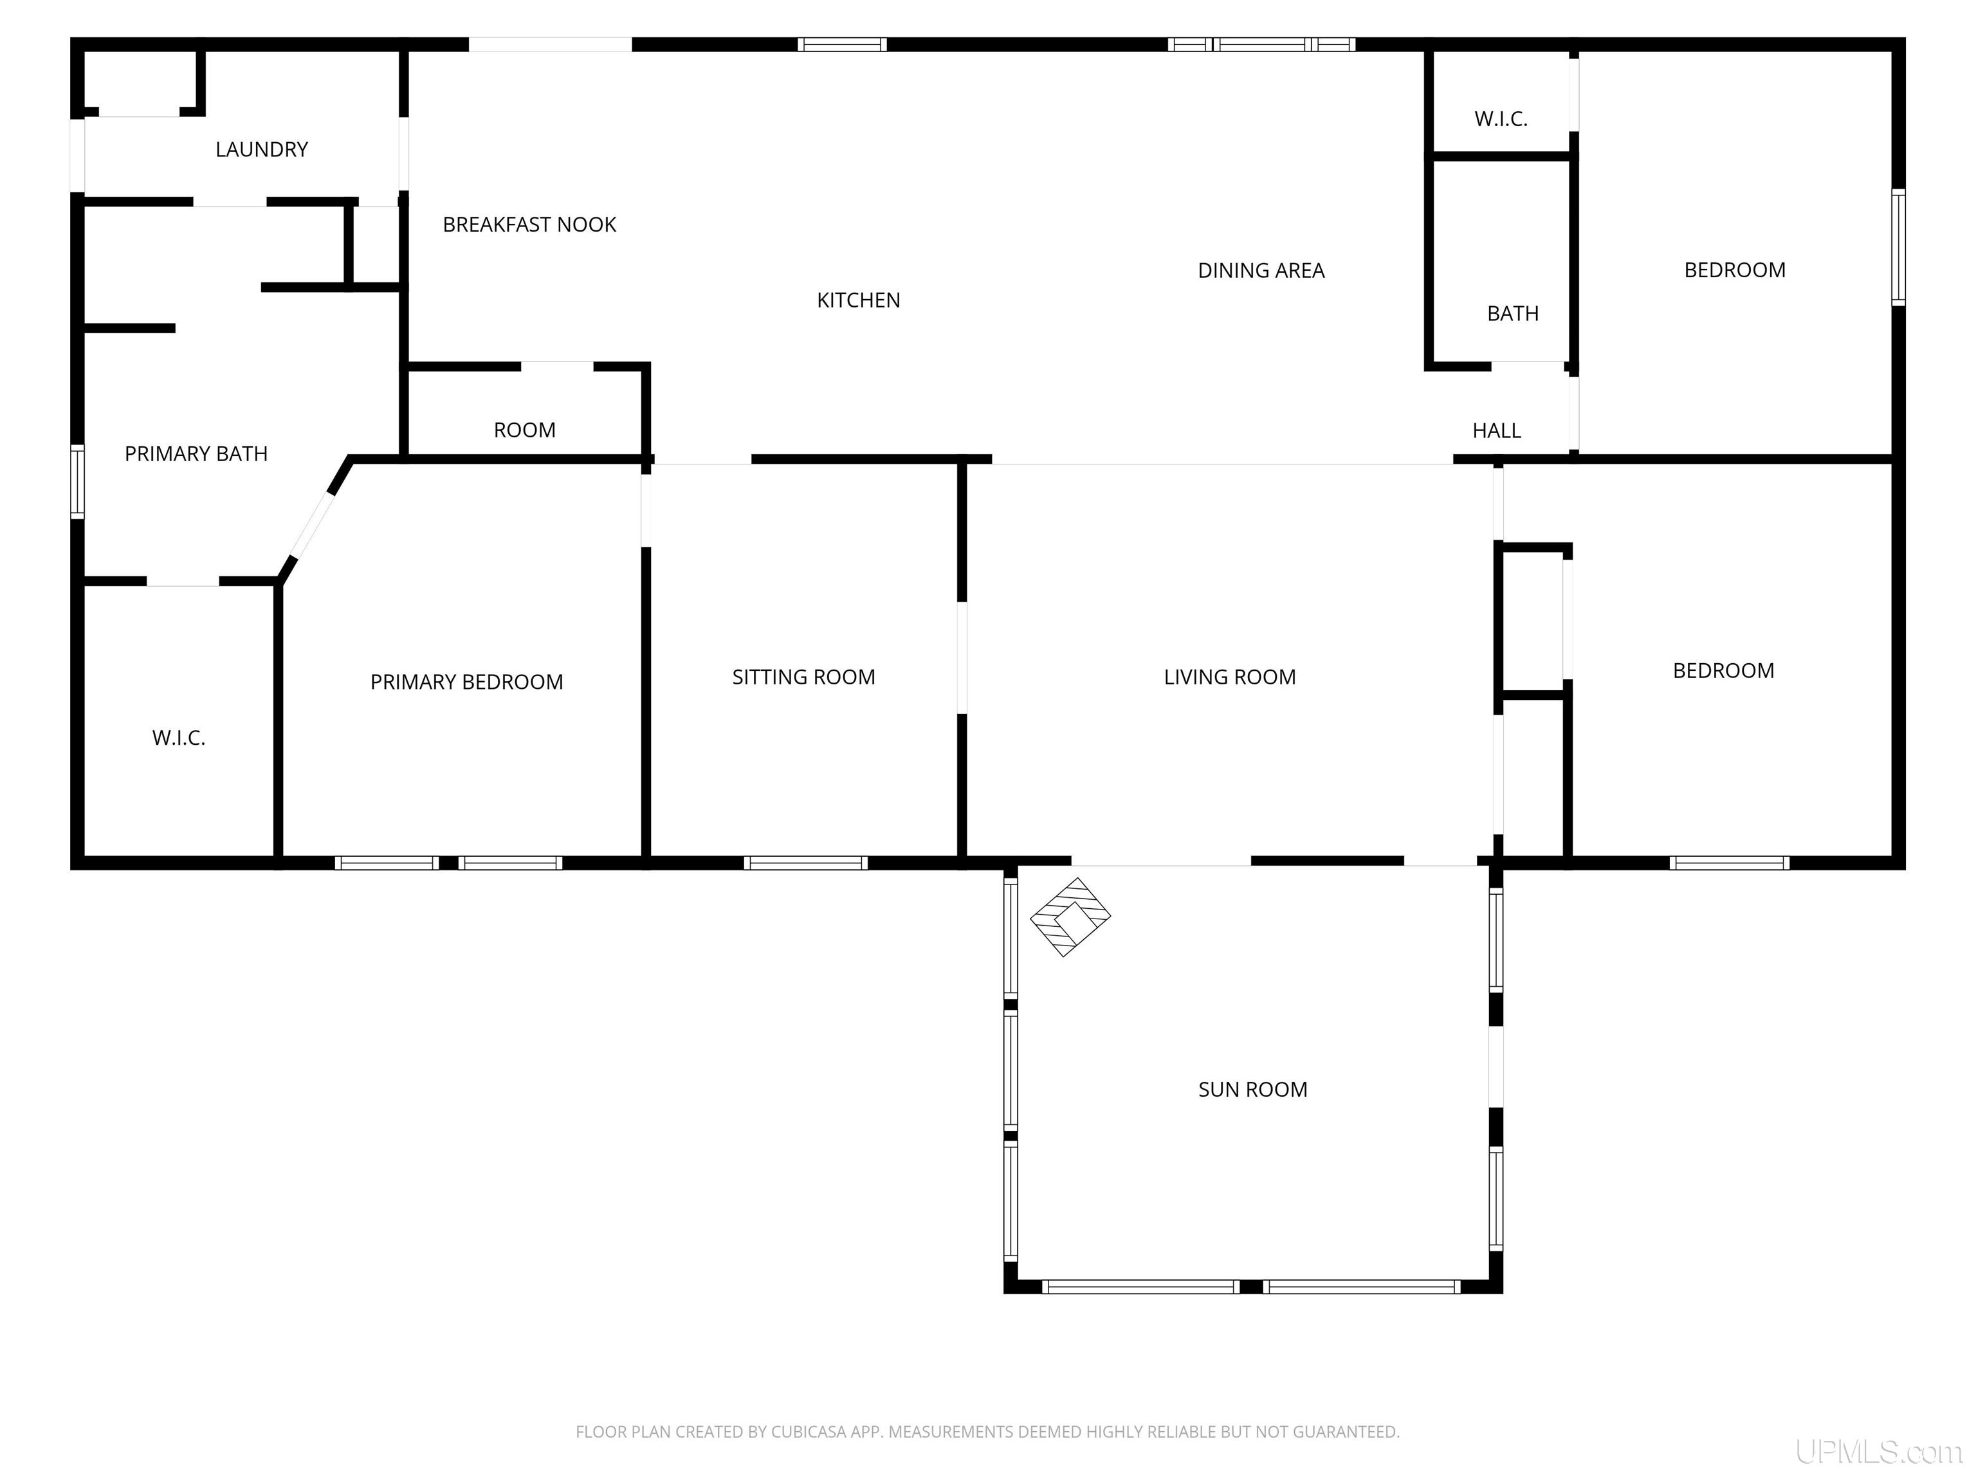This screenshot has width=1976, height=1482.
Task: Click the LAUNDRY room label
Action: coord(262,149)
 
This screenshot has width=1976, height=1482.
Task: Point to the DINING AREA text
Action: coord(1261,271)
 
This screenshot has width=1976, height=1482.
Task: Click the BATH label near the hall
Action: coord(1512,313)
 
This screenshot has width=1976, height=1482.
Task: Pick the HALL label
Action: coord(1496,430)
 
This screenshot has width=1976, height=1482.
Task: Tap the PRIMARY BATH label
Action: coord(196,454)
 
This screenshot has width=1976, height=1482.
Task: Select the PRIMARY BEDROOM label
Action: coord(466,682)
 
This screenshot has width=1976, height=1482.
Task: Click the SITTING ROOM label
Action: coord(803,677)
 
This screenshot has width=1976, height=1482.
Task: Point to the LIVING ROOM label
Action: coord(1229,677)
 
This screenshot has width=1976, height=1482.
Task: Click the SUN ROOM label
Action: coord(1252,1089)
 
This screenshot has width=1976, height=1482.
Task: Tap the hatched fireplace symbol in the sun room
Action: coord(1070,917)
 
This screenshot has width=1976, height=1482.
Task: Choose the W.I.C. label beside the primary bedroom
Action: coord(179,738)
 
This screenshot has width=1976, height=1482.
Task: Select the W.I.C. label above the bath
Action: coord(1501,119)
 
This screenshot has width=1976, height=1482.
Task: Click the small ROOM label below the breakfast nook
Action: coord(524,430)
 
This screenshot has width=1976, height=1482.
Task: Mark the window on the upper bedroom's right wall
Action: coord(1898,248)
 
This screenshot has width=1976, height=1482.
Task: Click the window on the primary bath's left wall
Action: coord(78,482)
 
